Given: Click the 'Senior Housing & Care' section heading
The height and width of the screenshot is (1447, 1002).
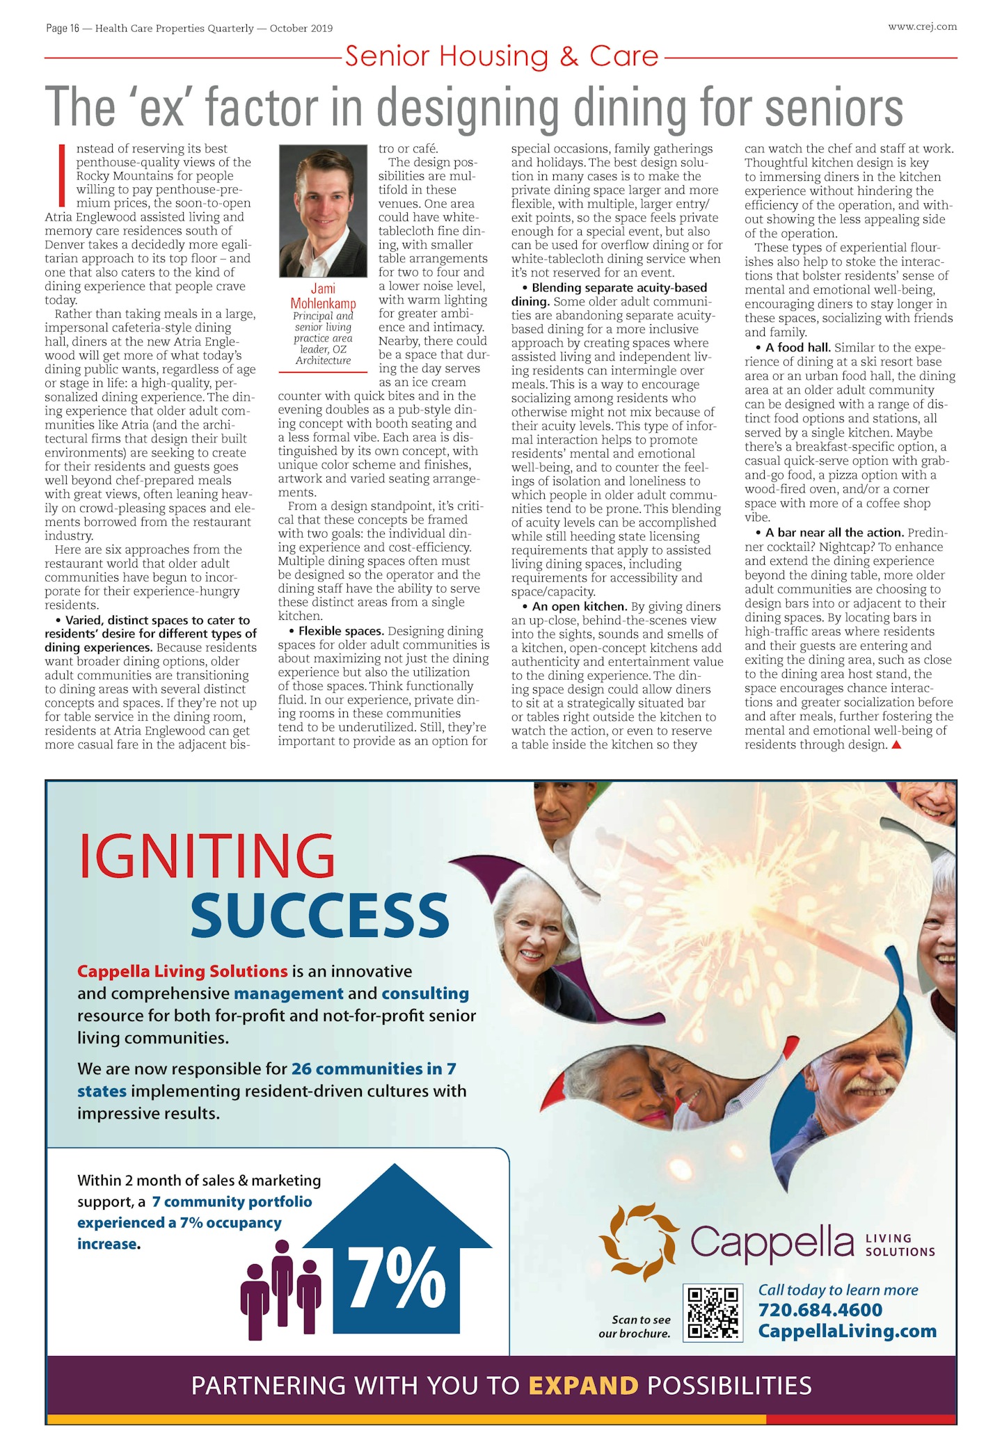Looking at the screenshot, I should coord(501,56).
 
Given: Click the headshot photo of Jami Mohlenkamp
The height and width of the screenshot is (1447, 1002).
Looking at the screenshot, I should coord(323,211).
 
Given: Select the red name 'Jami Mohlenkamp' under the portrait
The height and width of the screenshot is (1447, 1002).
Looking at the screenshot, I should coord(323,296).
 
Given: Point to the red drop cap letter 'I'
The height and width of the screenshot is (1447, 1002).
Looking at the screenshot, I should coord(62,175).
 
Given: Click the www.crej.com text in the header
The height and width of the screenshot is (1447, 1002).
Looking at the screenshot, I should coord(922,27).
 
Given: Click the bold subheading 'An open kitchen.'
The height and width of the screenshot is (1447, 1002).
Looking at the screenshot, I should coord(579,607).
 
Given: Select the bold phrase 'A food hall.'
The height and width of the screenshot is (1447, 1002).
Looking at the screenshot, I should coord(797,347).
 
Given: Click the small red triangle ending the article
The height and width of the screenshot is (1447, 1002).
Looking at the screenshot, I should coord(896,745).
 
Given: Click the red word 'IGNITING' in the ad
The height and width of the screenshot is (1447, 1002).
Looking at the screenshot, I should coord(207,857).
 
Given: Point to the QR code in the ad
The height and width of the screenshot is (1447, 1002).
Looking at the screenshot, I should coord(713,1313).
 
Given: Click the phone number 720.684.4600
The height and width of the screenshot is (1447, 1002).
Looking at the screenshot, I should coord(820,1310).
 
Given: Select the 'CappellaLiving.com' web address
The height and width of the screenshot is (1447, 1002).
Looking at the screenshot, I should coord(847,1331).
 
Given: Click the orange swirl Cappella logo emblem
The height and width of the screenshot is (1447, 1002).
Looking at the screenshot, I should coord(639,1242).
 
